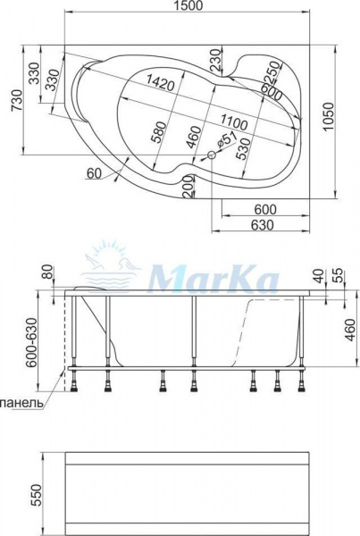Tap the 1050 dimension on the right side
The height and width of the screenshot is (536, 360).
(x=328, y=116)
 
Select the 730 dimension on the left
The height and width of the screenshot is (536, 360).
(x=17, y=100)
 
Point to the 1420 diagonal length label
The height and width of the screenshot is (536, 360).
(x=160, y=83)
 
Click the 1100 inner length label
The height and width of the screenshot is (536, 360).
(x=233, y=122)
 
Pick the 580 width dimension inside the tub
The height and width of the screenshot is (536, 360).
(x=159, y=131)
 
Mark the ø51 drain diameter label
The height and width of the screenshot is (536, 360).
(x=226, y=140)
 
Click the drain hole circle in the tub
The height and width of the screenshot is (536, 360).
(x=212, y=155)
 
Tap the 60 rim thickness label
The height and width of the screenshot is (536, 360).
(x=94, y=174)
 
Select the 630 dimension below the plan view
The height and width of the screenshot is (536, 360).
(x=263, y=225)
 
